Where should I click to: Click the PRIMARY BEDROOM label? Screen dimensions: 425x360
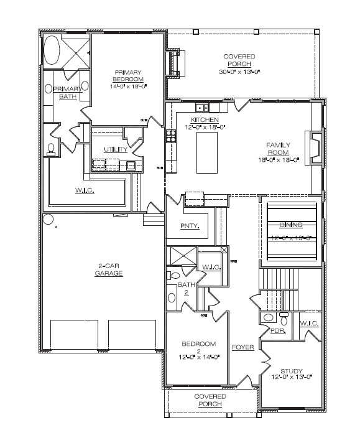click(x=127, y=76)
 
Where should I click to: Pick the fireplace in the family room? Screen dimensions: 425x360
click(x=315, y=147)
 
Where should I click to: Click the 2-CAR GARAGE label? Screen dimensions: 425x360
click(x=109, y=270)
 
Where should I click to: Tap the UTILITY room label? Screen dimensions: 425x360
click(x=116, y=150)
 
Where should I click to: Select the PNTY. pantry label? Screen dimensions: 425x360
click(x=190, y=226)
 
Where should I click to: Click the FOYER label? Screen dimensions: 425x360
click(x=242, y=347)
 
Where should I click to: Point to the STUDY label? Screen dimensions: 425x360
click(x=291, y=371)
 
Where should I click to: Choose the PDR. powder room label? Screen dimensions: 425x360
click(x=277, y=331)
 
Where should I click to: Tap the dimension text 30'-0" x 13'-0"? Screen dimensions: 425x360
click(x=239, y=72)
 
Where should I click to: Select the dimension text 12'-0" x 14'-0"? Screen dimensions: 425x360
click(x=199, y=357)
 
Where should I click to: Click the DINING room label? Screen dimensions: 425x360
click(x=290, y=224)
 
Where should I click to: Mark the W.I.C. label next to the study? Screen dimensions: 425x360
click(x=309, y=324)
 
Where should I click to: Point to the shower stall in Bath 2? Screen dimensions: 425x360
click(x=181, y=256)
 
